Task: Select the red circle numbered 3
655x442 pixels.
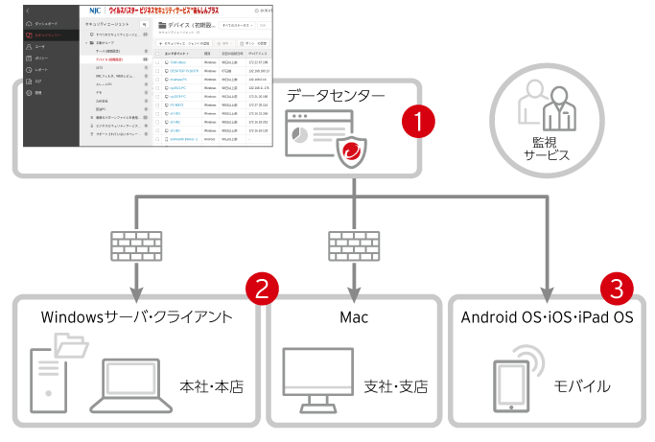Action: [x=617, y=288]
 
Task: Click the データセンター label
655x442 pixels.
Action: [x=335, y=96]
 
